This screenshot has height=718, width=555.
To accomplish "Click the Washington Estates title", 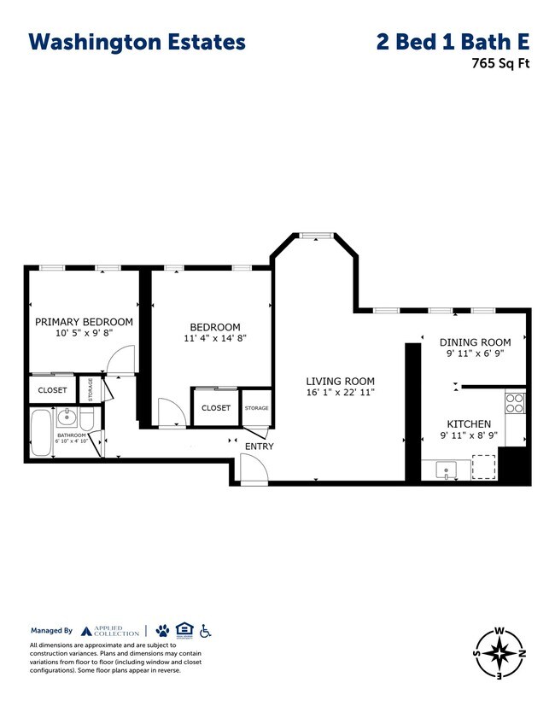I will click(137, 42).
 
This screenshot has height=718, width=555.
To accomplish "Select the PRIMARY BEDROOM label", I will click(84, 322).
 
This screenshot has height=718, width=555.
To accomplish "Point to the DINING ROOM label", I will click(475, 342).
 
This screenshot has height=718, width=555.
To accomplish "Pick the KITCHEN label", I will click(469, 423).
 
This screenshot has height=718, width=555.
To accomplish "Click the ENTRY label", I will click(259, 447).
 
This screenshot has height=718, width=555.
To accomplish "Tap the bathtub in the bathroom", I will click(41, 433).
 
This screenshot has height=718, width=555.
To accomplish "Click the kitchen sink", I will click(446, 469).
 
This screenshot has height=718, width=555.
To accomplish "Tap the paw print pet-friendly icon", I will click(162, 631).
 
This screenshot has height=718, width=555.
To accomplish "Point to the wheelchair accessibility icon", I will click(205, 631).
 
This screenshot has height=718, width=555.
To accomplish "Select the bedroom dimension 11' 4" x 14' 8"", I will click(214, 338).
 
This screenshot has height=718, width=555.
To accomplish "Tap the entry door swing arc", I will click(253, 467).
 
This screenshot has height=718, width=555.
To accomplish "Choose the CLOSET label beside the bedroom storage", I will click(216, 408).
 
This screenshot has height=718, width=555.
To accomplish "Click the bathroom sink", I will click(67, 418).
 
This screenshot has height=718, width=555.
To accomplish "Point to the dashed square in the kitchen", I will click(484, 467).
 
